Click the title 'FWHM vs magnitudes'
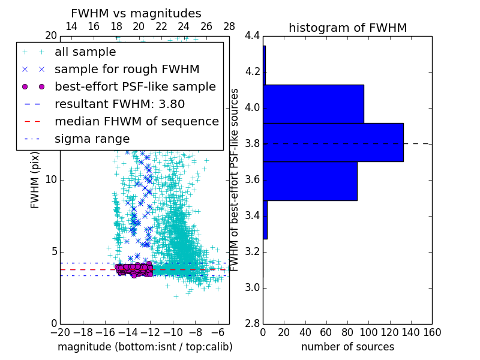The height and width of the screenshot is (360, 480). (136, 13)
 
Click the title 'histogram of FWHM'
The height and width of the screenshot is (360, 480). (347, 28)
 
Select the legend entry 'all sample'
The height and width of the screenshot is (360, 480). (85, 52)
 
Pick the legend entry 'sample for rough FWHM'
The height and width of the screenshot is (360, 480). (127, 69)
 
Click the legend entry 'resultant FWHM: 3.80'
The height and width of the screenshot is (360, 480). (119, 104)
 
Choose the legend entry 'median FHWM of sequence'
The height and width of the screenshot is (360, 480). (136, 121)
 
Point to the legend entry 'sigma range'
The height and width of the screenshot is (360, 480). (92, 139)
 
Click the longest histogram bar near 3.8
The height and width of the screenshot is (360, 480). (333, 142)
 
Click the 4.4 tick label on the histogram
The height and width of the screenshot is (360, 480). (253, 36)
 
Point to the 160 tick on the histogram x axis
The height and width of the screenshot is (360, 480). (432, 332)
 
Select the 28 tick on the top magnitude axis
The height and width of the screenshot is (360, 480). (229, 26)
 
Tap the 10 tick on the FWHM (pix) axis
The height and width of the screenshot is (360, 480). (52, 180)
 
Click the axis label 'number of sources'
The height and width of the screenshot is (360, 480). (347, 347)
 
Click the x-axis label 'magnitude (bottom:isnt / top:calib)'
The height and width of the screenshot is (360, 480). (145, 347)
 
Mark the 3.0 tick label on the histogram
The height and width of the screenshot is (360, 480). (253, 287)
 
